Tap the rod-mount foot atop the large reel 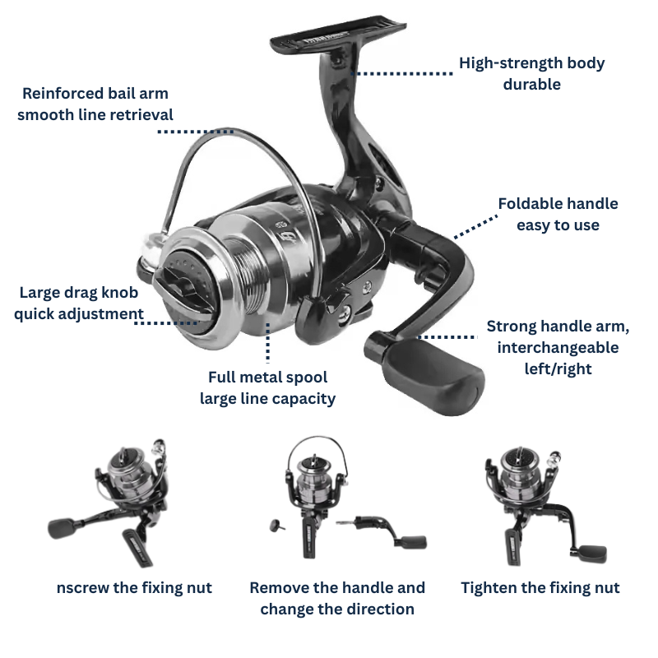coord(338,34)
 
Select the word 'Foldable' coord(526,203)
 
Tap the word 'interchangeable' coord(558,347)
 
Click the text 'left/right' coord(558,368)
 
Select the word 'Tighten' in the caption coord(489,587)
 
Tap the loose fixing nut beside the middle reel coord(276,525)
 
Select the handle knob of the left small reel coord(63,528)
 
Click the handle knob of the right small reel coord(592,554)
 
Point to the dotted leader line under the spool coord(268,342)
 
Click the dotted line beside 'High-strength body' coord(402,73)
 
